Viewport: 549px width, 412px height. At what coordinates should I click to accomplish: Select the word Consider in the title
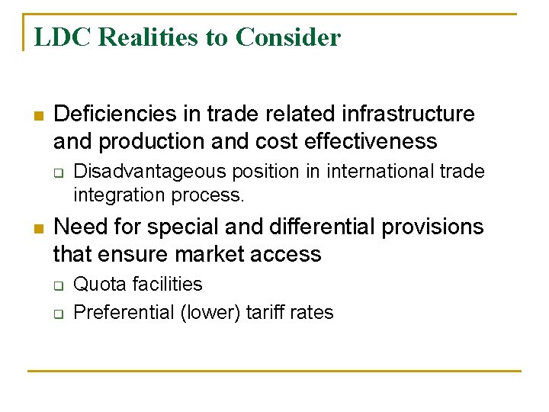pos(288,37)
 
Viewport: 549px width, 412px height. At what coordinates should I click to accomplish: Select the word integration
pos(114,195)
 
